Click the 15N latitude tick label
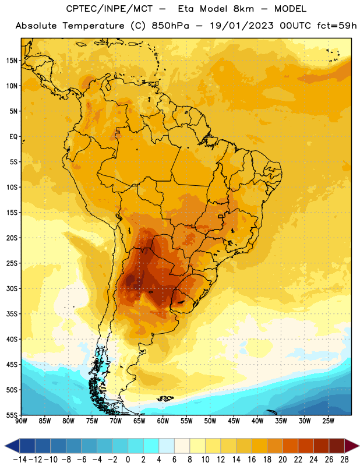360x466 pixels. click(x=12, y=61)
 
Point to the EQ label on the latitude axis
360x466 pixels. click(x=13, y=137)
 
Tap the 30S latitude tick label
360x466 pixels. click(x=12, y=288)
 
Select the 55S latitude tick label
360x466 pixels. click(x=12, y=415)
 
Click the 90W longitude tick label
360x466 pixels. click(x=21, y=421)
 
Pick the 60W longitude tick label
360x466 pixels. click(x=163, y=421)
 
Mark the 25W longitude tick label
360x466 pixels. click(x=328, y=421)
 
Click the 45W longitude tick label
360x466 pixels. click(x=234, y=421)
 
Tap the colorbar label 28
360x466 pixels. click(x=344, y=460)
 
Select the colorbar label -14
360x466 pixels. click(x=20, y=460)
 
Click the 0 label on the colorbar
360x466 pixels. click(x=128, y=460)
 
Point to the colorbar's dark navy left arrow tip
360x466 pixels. click(x=5, y=446)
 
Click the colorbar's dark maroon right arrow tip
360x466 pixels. click(x=359, y=446)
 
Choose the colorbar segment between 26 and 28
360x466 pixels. click(x=337, y=446)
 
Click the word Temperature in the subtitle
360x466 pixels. click(x=93, y=26)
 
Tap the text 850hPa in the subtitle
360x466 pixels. click(x=170, y=26)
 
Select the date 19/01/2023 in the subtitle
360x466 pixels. click(x=242, y=26)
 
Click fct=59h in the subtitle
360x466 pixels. click(x=337, y=26)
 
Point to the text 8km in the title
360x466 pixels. click(x=243, y=9)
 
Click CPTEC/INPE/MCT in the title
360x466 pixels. click(x=110, y=9)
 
